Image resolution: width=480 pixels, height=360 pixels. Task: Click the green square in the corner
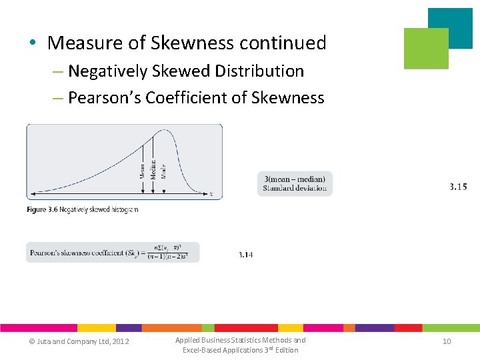(426, 49)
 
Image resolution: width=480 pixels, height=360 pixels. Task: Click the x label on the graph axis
(211, 194)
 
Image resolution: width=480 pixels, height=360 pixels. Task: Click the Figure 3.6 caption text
(83, 209)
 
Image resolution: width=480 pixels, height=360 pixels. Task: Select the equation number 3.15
(458, 187)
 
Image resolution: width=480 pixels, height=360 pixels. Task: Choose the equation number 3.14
(245, 255)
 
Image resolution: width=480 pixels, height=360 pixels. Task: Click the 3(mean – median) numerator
(295, 179)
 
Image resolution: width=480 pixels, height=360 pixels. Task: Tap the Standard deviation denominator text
(295, 188)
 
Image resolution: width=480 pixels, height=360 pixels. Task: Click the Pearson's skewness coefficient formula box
(112, 252)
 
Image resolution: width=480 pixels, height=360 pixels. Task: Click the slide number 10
(447, 341)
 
